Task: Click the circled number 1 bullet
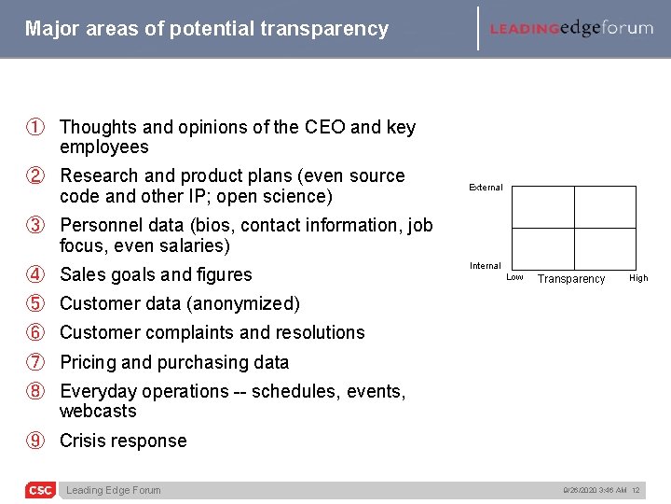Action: tap(34, 127)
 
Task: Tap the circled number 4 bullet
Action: tap(34, 274)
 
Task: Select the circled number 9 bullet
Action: tap(34, 441)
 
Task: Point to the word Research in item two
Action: tap(100, 175)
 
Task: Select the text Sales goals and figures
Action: tap(156, 274)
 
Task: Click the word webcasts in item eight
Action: tap(98, 411)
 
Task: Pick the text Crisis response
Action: tap(123, 441)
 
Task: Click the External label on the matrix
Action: tap(486, 188)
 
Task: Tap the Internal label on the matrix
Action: tap(485, 266)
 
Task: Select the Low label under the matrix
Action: tap(514, 277)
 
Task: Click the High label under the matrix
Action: tap(638, 278)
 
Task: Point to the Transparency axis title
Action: tap(571, 279)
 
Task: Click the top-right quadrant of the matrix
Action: tap(605, 207)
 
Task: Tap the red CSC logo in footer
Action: tap(40, 490)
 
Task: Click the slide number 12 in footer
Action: tap(636, 490)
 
